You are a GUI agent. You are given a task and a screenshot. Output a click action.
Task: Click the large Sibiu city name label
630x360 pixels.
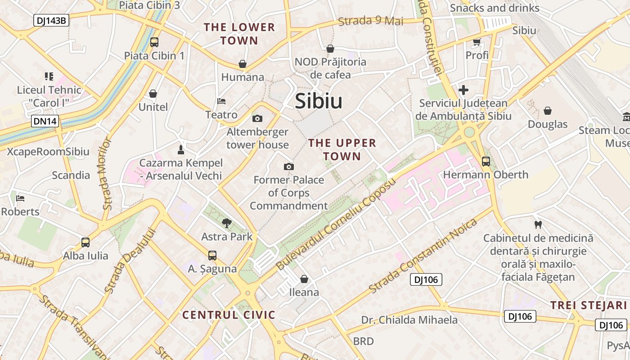tap(319, 102)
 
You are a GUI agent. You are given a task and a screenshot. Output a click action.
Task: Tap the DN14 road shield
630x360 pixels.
tap(45, 121)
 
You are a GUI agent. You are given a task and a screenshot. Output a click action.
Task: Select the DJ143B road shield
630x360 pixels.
tap(51, 20)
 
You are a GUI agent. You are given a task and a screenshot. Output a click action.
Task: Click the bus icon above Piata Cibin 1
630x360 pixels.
tap(154, 42)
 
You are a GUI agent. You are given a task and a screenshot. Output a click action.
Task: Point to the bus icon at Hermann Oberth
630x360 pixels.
tap(486, 161)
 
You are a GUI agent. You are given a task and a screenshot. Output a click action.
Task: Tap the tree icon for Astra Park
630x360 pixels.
tap(227, 222)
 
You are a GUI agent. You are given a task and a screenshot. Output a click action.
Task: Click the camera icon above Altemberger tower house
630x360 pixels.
tap(257, 118)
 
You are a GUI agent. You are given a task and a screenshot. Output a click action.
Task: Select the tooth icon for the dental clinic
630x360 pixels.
tap(537, 224)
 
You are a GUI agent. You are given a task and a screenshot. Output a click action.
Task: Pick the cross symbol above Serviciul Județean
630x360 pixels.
tap(463, 90)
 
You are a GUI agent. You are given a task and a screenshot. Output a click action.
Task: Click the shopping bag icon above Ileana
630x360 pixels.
tap(304, 279)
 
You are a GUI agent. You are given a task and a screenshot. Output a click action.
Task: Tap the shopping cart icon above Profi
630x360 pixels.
tap(477, 42)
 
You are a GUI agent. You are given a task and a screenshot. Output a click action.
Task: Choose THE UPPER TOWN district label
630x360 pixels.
tap(342, 150)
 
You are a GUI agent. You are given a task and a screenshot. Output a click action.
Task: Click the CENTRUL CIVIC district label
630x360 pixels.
tap(229, 315)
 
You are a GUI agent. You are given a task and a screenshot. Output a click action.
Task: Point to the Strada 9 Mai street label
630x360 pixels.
tap(370, 21)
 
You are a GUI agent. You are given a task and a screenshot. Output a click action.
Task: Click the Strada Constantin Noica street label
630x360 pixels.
tap(423, 255)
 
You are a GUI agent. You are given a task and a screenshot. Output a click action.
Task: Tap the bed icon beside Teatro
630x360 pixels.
tap(221, 101)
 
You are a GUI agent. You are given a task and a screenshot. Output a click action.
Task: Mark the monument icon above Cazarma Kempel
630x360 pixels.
tap(181, 149)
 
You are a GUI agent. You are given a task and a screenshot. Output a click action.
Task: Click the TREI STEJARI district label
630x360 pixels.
tap(589, 305)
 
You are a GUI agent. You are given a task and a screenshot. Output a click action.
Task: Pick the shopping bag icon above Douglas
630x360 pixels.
tap(548, 111)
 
